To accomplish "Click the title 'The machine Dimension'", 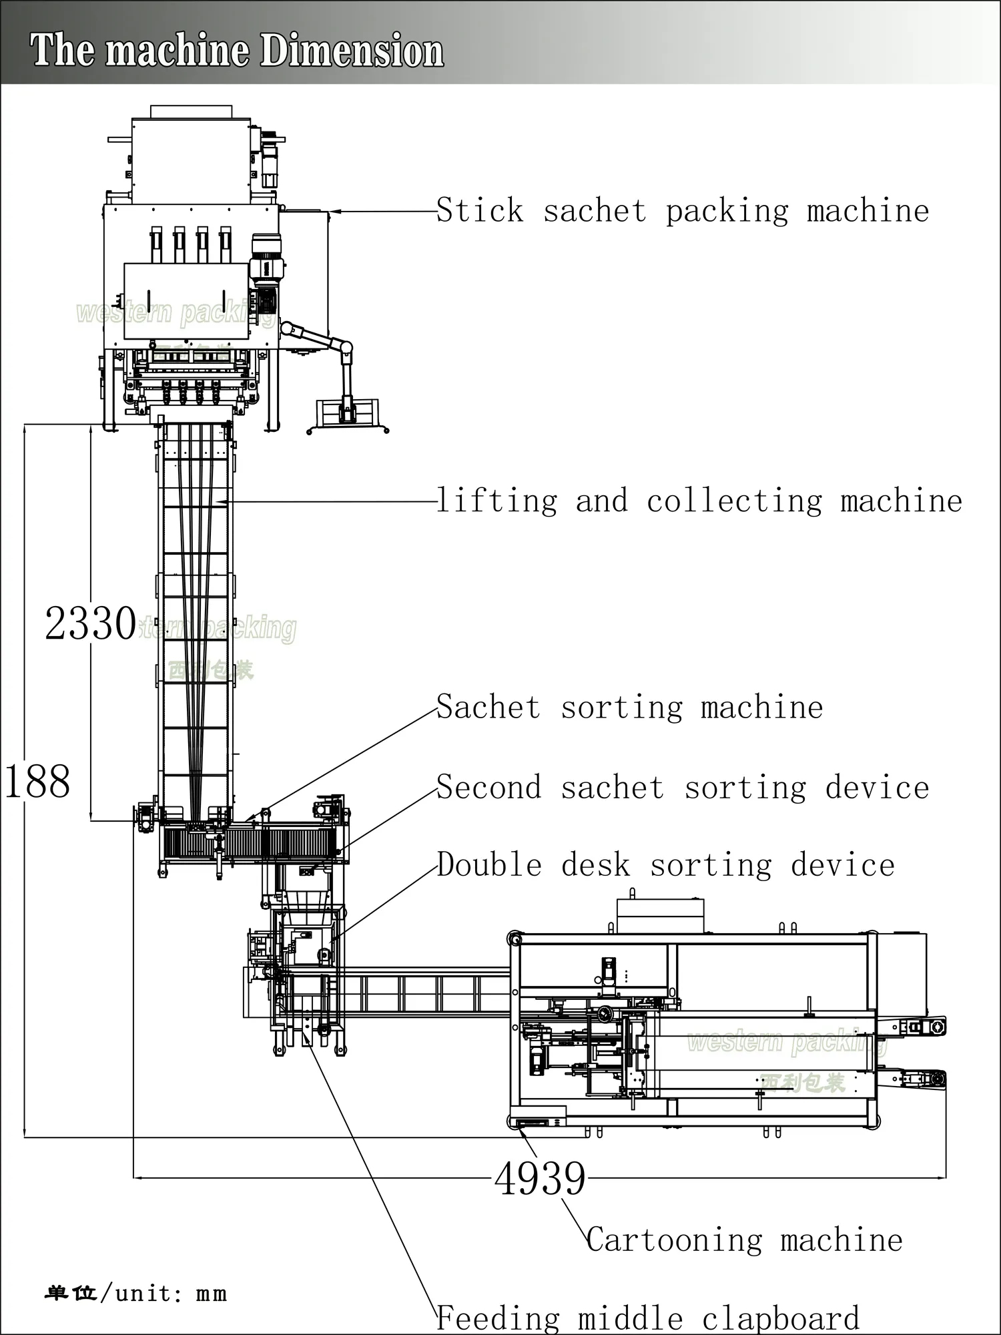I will click(x=237, y=51).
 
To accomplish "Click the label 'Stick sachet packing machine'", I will click(x=682, y=212).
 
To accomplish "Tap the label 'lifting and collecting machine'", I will click(x=699, y=501).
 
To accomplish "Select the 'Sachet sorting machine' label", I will click(x=629, y=708).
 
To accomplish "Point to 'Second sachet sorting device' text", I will click(x=682, y=788).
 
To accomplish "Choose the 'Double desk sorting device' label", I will click(x=665, y=866).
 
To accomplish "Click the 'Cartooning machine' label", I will click(x=744, y=1240).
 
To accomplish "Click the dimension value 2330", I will click(x=90, y=624).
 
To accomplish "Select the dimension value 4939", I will click(x=540, y=1179).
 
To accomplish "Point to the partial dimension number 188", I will click(x=37, y=782).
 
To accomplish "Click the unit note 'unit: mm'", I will click(x=171, y=1294).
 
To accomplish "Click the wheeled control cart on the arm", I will click(x=347, y=414).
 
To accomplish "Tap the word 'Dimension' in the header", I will click(x=352, y=51).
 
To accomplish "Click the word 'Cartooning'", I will click(x=674, y=1240).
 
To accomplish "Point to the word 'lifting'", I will click(x=497, y=501).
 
